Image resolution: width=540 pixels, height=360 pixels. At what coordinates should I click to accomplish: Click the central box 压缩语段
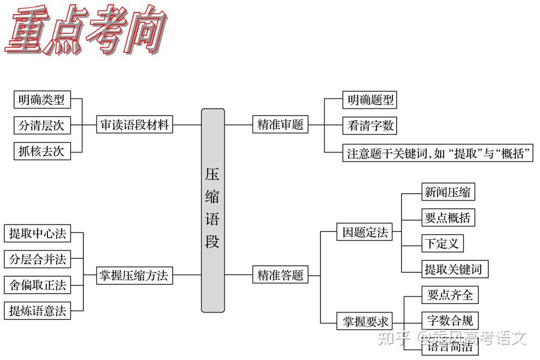click(213, 210)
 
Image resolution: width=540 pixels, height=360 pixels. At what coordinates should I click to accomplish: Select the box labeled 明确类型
click(41, 100)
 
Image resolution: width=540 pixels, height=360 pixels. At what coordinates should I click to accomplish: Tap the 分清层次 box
click(41, 125)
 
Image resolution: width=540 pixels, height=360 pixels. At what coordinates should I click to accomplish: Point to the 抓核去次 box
click(41, 151)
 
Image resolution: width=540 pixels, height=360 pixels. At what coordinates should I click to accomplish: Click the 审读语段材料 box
click(134, 125)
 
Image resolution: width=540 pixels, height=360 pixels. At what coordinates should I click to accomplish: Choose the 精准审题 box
click(280, 125)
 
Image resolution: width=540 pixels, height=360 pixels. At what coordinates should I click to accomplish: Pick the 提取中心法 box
click(38, 234)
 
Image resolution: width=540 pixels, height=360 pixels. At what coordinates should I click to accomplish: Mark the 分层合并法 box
click(38, 260)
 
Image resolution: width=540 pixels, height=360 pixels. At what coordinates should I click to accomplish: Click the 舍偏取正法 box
click(38, 285)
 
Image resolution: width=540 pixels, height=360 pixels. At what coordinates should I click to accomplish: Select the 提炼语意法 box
click(38, 311)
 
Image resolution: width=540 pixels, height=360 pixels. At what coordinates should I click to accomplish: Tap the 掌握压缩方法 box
click(134, 275)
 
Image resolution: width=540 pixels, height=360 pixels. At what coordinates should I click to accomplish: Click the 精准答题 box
click(280, 275)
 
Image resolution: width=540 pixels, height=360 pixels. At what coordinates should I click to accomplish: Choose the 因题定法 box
click(365, 233)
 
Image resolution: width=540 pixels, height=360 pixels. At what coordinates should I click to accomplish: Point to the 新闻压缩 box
click(447, 192)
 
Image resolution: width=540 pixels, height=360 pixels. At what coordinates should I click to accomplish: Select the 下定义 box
click(442, 243)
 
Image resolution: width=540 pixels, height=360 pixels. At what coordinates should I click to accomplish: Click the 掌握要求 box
click(365, 321)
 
